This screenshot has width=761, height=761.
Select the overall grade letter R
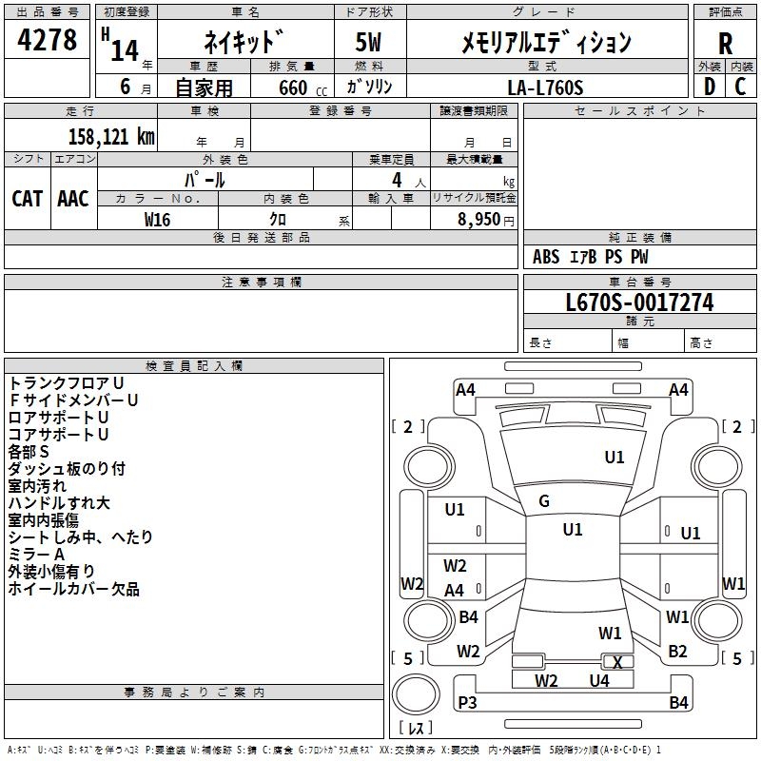coord(725,44)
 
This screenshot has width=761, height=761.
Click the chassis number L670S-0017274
coord(639,303)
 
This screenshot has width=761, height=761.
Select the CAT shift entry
coord(27,198)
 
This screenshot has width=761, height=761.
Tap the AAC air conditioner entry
coord(72,198)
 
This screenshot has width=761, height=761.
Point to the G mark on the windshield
coord(544,501)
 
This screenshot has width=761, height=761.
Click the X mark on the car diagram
coord(617,662)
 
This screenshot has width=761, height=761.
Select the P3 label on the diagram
coord(467,703)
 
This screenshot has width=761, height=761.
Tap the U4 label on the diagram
coord(598,680)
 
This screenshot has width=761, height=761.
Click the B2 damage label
coord(677,652)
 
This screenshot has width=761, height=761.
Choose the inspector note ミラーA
coord(36,555)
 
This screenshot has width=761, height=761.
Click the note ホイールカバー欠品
coord(73,589)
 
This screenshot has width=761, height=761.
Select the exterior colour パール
coord(205,179)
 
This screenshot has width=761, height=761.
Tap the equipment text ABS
coord(546,257)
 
